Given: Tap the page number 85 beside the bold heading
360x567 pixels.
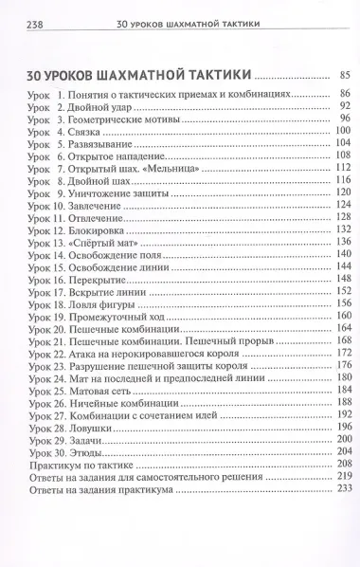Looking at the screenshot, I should point(344,74).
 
